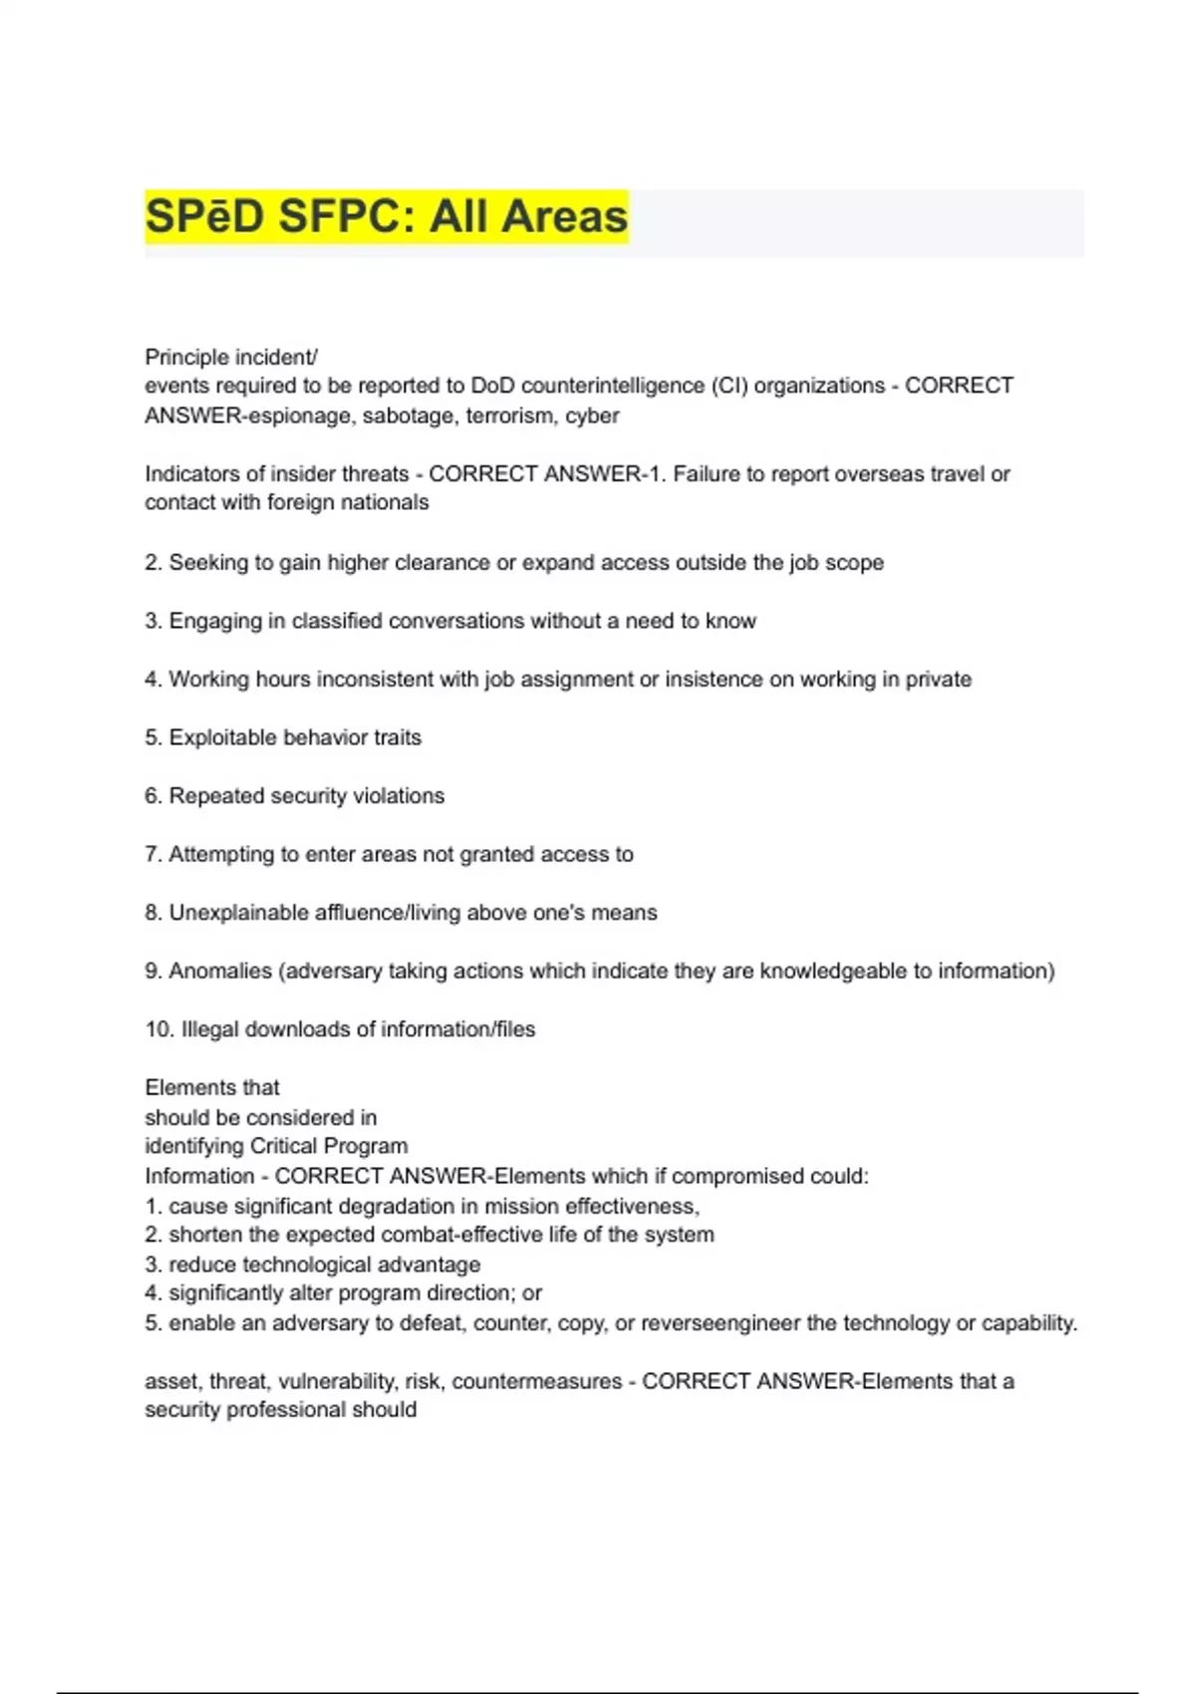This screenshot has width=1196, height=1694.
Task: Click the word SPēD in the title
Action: click(x=205, y=216)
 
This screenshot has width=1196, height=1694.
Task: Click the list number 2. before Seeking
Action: click(x=152, y=562)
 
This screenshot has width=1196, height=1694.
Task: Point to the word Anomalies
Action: click(x=220, y=971)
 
